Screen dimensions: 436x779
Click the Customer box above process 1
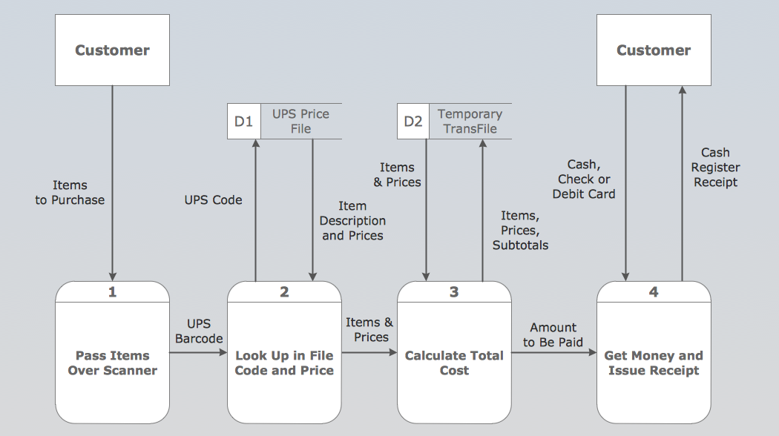pos(113,50)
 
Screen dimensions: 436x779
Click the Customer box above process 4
pos(654,50)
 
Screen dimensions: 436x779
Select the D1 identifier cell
pos(243,122)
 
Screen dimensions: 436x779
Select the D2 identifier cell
pos(413,122)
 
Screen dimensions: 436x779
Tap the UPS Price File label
pos(300,122)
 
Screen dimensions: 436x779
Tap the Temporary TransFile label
pos(470,122)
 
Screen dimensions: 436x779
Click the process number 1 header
pos(113,292)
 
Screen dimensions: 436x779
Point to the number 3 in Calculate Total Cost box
pos(454,292)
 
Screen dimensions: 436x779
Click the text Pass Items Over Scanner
pos(113,363)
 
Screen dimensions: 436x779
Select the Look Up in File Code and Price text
pos(284,363)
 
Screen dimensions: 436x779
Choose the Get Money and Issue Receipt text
pos(654,363)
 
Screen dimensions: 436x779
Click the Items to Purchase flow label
pos(70,193)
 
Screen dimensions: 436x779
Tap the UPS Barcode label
pos(199,331)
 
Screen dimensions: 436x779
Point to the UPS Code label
pos(213,200)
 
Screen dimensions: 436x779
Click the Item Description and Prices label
pos(352,221)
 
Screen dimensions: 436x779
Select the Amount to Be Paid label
pos(553,335)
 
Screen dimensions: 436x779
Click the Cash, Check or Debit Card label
pos(584,179)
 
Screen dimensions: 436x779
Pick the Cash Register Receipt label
pos(716,168)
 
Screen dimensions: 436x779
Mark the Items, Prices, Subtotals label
pos(520,230)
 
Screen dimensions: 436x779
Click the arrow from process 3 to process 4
pos(553,353)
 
